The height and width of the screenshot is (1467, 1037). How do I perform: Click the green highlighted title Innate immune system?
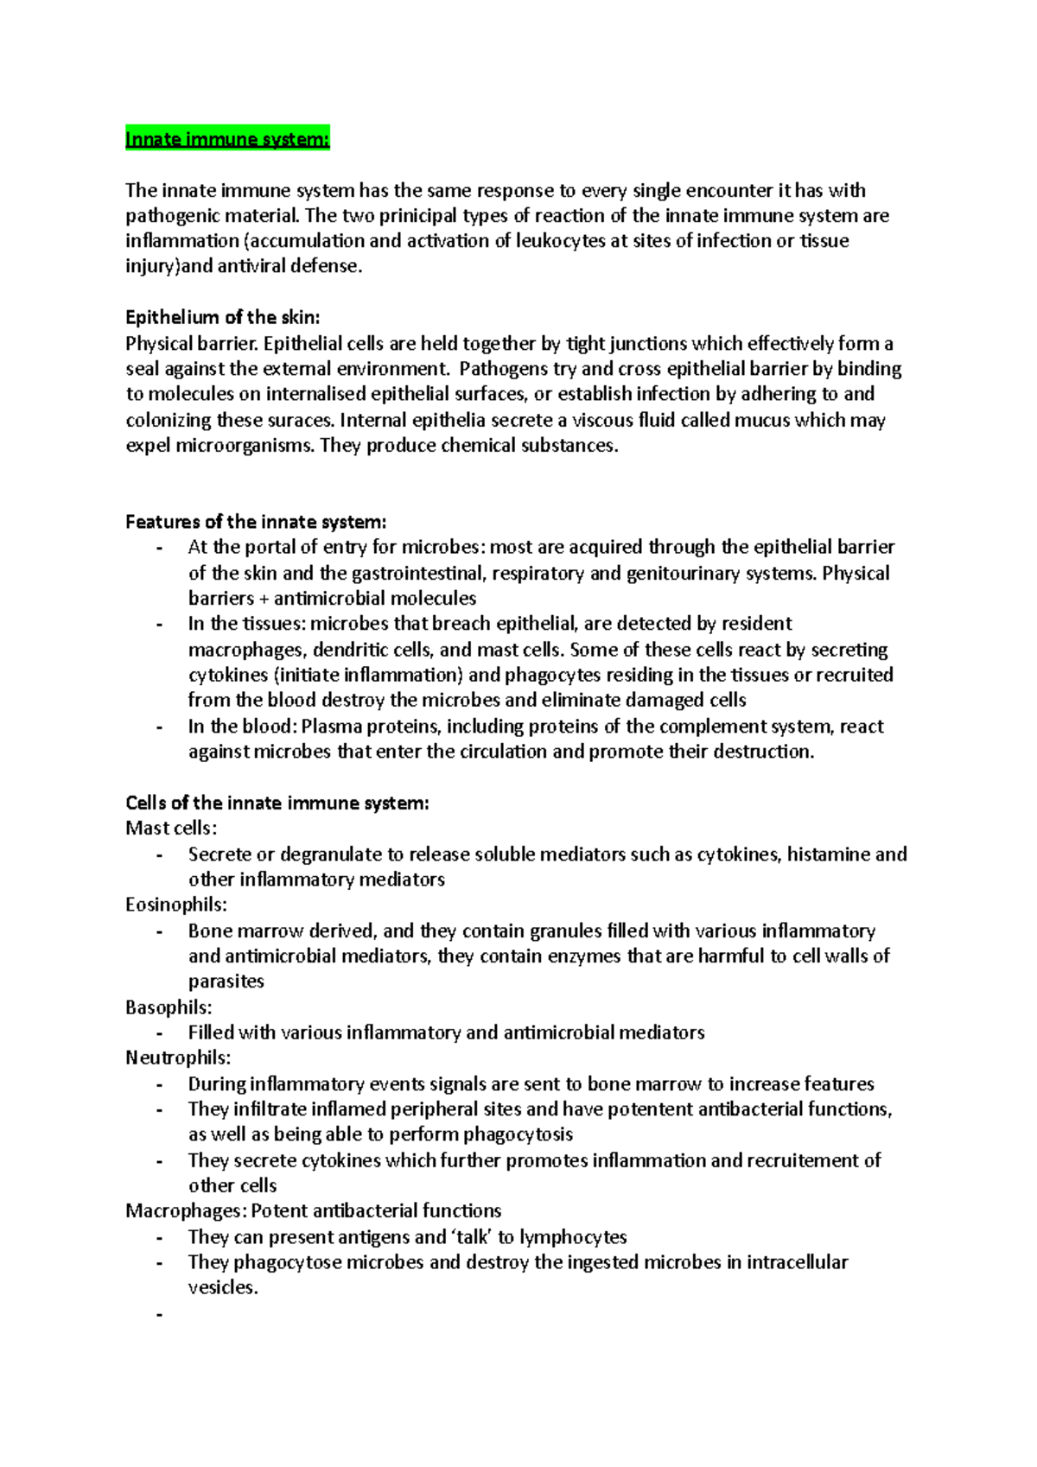[227, 139]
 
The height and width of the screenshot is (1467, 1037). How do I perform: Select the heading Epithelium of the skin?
[222, 317]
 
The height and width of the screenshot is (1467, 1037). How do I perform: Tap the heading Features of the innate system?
[256, 522]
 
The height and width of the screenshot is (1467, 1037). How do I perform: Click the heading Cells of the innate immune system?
[277, 803]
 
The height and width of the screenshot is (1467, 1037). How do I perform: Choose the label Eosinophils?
[176, 905]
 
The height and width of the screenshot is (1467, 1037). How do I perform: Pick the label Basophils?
[169, 1007]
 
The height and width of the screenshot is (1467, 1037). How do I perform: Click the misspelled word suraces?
[302, 421]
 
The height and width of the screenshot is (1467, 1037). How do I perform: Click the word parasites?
[226, 981]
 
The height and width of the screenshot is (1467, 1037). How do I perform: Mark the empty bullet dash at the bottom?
[159, 1314]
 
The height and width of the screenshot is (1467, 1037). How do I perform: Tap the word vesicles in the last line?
[221, 1288]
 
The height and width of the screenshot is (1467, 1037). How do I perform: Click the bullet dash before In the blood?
[159, 727]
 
